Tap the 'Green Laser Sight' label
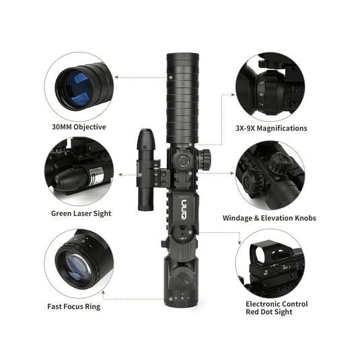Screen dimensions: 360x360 81,213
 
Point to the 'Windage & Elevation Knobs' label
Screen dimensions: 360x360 269,218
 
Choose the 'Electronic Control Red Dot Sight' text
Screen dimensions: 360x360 277,308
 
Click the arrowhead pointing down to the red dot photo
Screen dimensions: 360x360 240,244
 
